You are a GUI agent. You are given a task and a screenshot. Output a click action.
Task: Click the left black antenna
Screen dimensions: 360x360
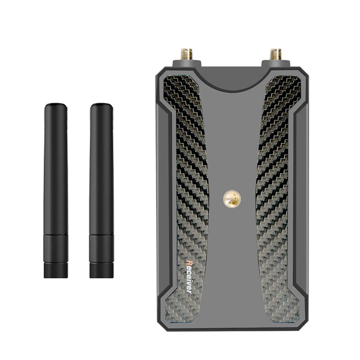(x=56, y=190)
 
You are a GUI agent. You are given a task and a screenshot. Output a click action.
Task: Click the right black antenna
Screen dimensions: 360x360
(x=102, y=190)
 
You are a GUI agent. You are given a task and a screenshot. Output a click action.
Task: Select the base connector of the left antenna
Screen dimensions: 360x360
(x=56, y=270)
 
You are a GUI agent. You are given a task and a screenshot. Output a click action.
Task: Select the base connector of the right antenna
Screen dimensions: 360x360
(x=102, y=270)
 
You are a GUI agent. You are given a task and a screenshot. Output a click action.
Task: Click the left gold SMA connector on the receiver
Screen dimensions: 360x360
(x=187, y=54)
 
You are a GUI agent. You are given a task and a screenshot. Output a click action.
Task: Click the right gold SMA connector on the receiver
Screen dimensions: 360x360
(x=276, y=54)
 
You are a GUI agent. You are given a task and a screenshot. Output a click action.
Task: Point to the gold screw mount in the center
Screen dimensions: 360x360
(x=232, y=199)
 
